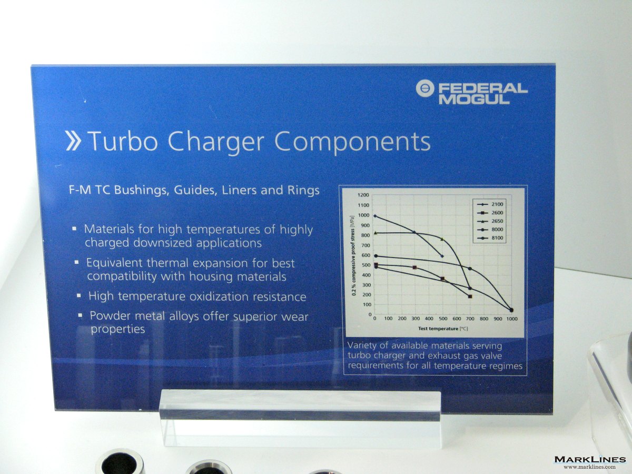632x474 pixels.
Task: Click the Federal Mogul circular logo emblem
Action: (x=425, y=88)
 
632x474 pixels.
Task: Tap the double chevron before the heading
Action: (x=73, y=141)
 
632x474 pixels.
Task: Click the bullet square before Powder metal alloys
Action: (x=81, y=315)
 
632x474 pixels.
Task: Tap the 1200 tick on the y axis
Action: (x=363, y=195)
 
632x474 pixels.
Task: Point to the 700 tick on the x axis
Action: (x=470, y=319)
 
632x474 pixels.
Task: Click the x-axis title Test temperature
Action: (x=438, y=328)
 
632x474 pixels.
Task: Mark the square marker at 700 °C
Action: (x=470, y=296)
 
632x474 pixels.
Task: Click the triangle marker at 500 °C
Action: (x=442, y=239)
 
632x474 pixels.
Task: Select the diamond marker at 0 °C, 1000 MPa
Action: (x=375, y=216)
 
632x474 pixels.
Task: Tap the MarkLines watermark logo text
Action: (x=590, y=459)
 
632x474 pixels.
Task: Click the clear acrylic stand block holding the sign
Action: (x=300, y=417)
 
